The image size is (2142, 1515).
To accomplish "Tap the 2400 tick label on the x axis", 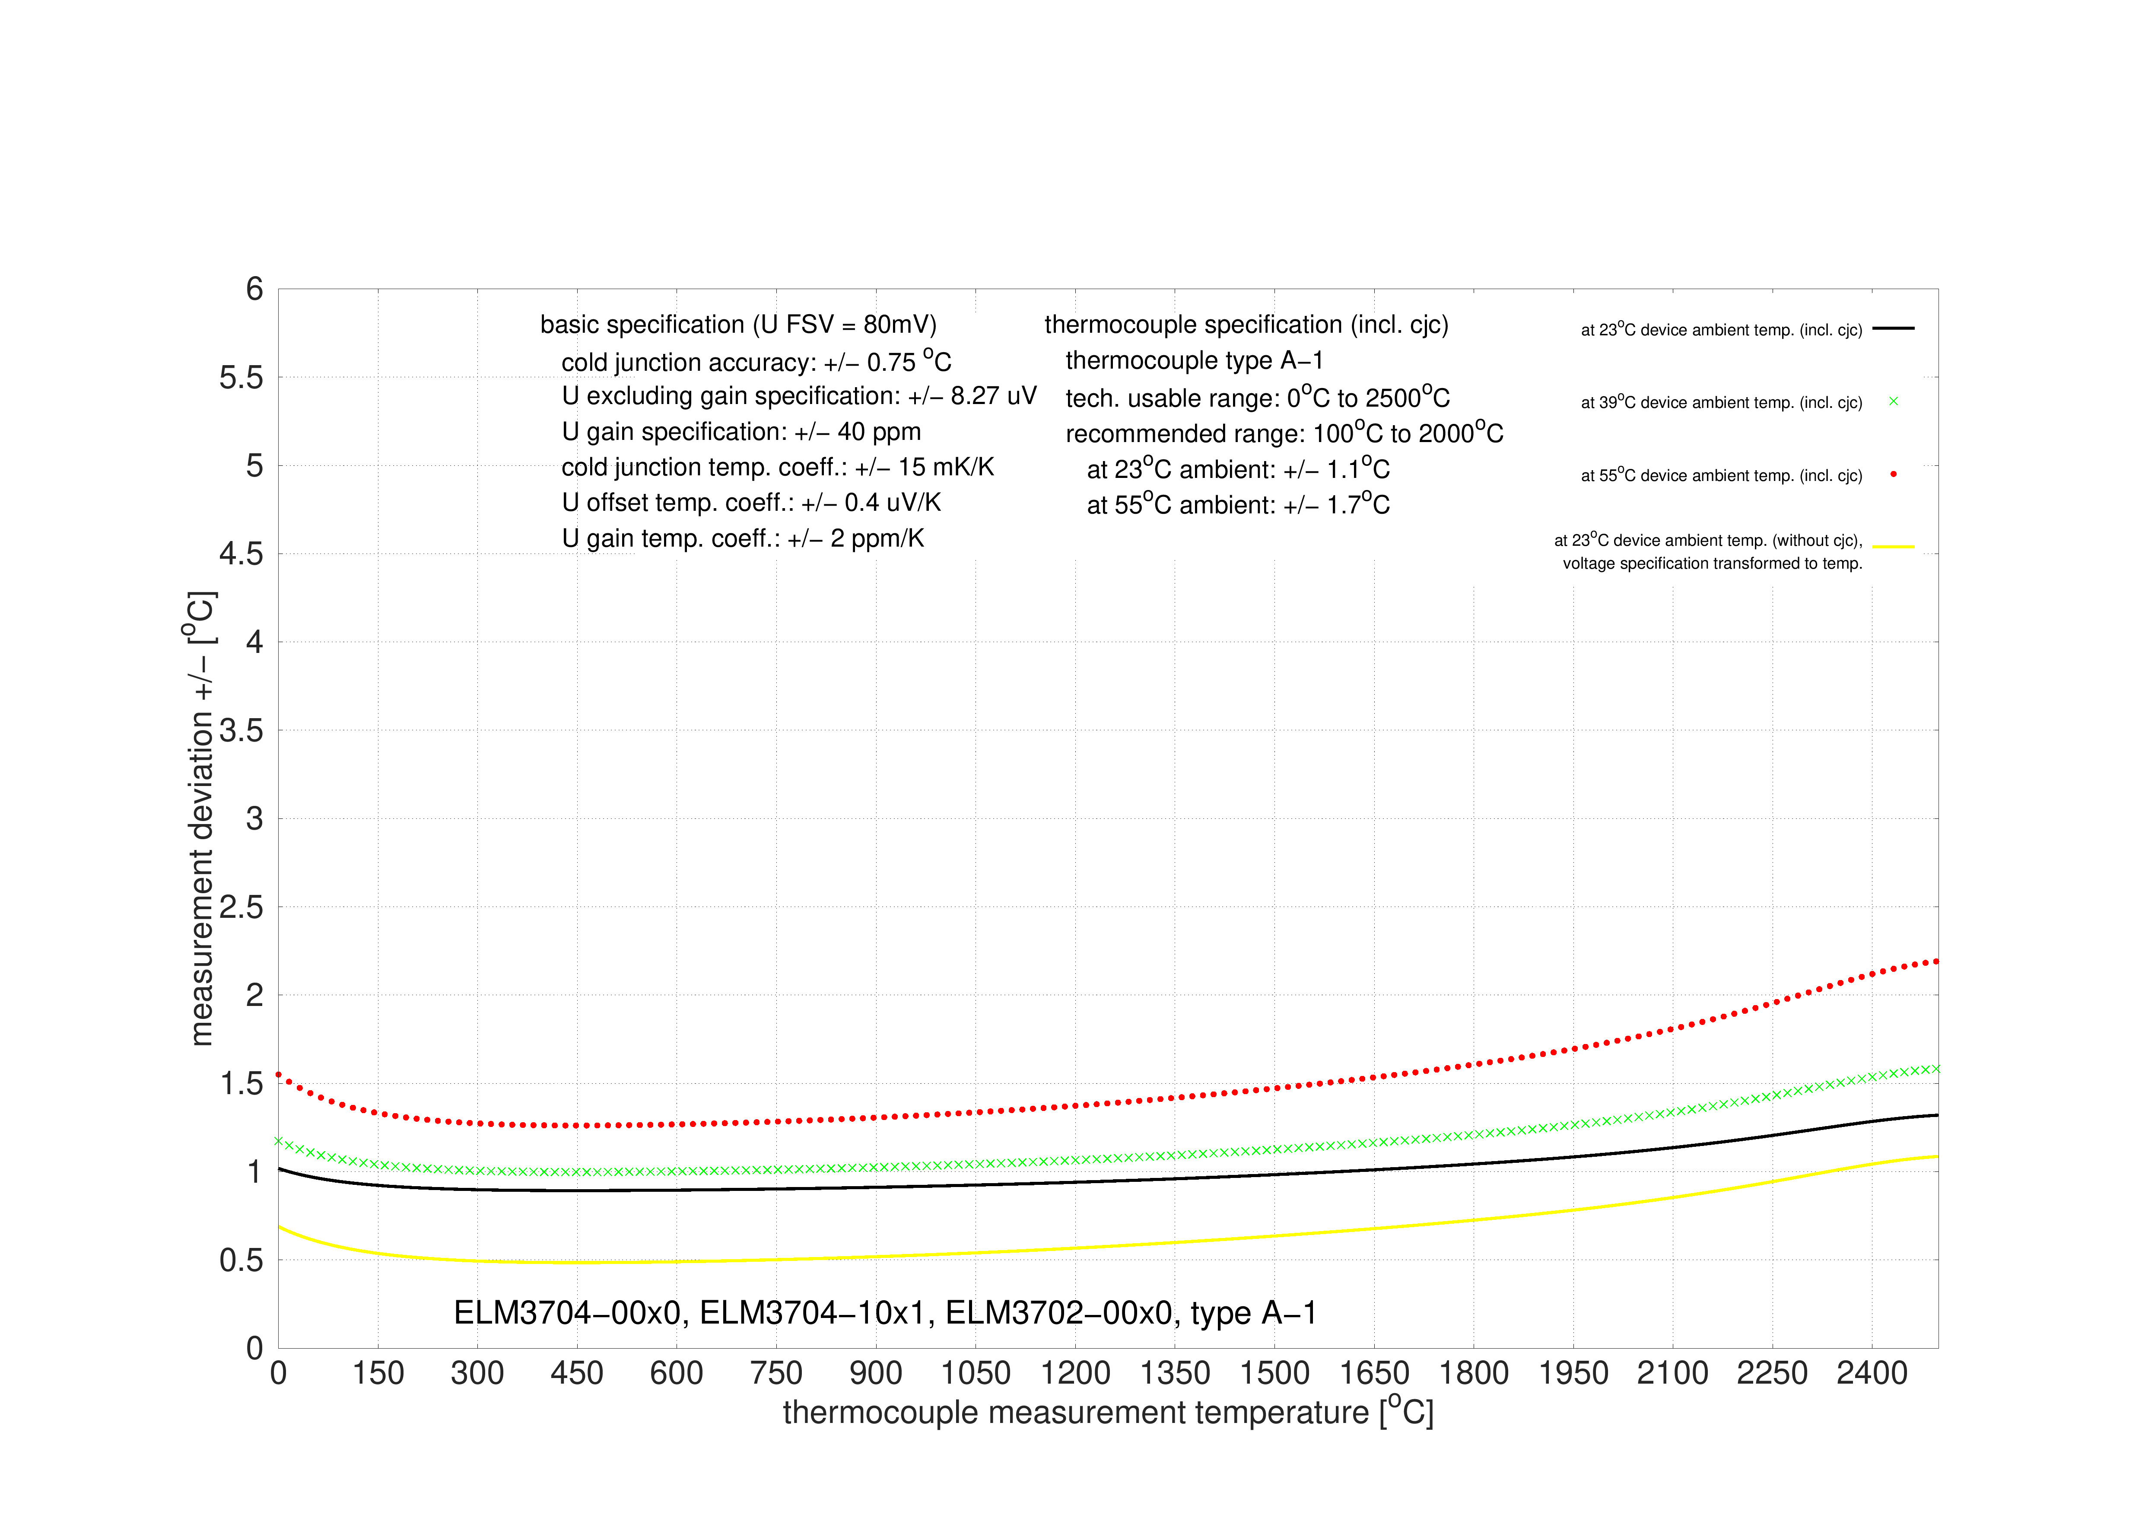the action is [x=1872, y=1373].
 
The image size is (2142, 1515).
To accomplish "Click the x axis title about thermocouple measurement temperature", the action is [x=1107, y=1411].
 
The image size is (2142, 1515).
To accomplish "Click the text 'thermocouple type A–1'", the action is [x=1194, y=361].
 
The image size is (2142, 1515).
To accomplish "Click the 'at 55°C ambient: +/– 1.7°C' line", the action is [x=1238, y=504].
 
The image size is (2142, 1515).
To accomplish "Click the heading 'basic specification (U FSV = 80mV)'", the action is [x=738, y=325].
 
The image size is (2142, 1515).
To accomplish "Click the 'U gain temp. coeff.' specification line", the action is [x=743, y=538].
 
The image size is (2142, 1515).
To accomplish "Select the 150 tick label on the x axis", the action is [x=378, y=1373].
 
